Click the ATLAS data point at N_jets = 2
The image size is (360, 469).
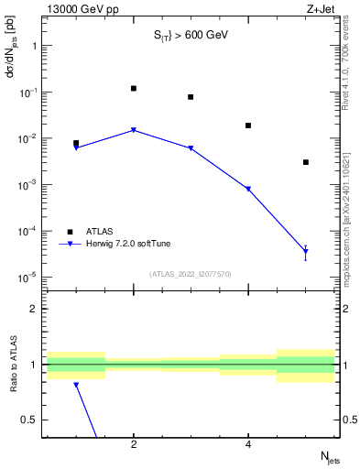coord(134,89)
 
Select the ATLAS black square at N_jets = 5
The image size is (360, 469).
coord(306,162)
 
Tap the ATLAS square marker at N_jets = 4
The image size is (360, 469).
coord(248,125)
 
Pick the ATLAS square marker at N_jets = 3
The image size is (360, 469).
coord(191,97)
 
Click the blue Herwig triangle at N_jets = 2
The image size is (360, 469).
coord(134,130)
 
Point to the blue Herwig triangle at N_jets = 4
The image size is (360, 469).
coord(248,190)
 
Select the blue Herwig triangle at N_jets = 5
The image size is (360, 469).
coord(306,251)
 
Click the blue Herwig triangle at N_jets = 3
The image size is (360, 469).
coord(191,148)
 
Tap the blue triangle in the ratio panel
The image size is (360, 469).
coord(76,386)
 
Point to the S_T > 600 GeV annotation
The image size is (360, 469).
coord(191,36)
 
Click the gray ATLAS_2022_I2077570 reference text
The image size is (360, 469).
coord(191,273)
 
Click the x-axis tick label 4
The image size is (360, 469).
coord(248,444)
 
